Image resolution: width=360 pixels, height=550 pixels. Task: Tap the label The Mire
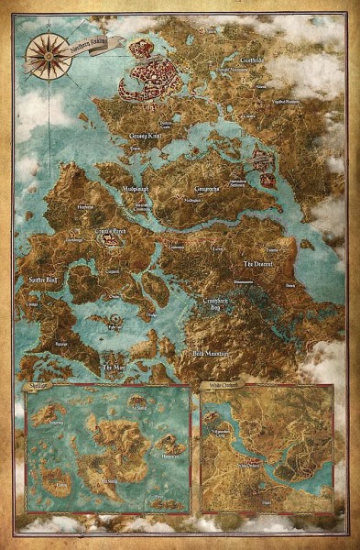point(114,368)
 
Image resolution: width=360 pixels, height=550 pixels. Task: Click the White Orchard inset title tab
point(217,389)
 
